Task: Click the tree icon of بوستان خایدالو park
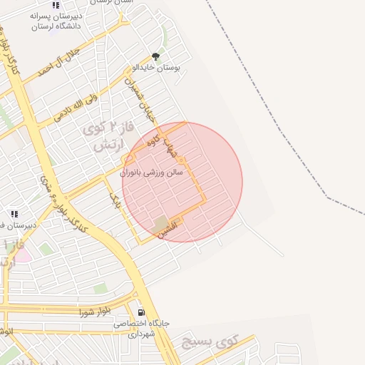(156, 56)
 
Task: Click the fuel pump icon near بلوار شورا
(141, 312)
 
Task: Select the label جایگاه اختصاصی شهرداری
(142, 329)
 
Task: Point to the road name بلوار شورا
(96, 312)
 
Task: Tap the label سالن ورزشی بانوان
(151, 173)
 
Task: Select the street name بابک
(114, 200)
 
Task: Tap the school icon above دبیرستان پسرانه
(56, 5)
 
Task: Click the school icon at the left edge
(14, 213)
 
